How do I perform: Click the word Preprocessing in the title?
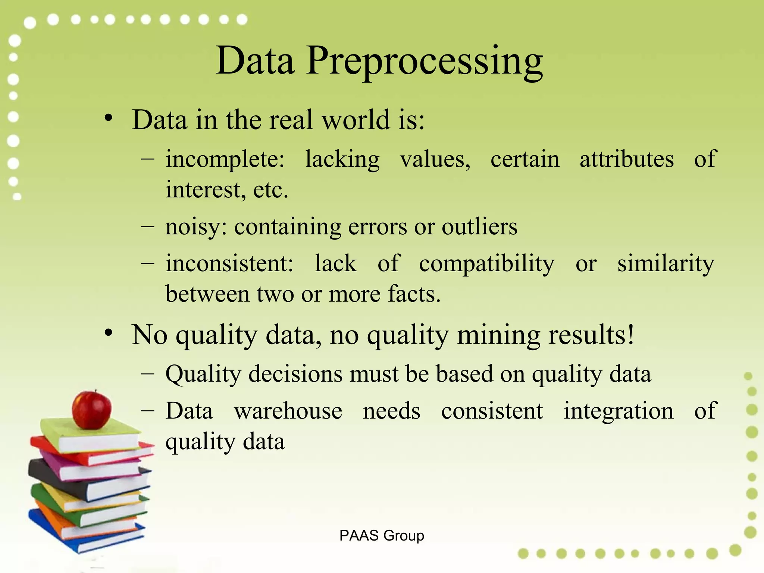(x=425, y=62)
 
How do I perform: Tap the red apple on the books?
(x=92, y=410)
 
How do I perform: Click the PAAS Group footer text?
(x=382, y=535)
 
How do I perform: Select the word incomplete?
(x=225, y=160)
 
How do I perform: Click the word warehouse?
(x=288, y=411)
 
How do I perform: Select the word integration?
(x=618, y=411)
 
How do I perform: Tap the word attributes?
(x=626, y=159)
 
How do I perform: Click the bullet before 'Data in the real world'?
(x=108, y=118)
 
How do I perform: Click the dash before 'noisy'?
(x=148, y=226)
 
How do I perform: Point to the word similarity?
(x=666, y=263)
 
